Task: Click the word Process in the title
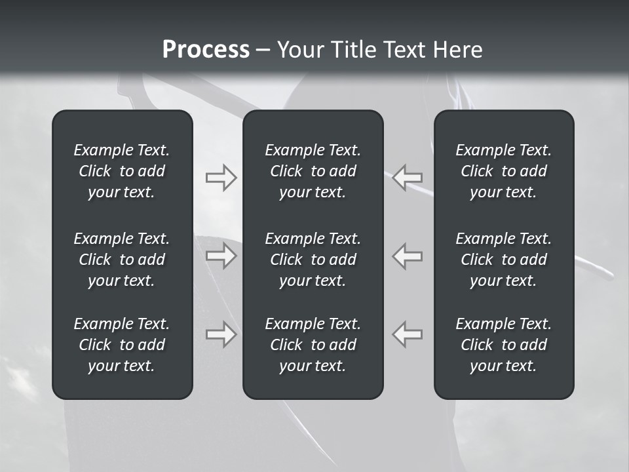(x=206, y=50)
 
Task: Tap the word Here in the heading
(x=457, y=50)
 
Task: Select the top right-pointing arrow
(x=221, y=178)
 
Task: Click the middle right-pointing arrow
(x=221, y=256)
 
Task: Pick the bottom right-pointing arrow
(x=221, y=334)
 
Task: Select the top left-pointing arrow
(x=408, y=178)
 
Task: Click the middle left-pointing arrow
(x=408, y=256)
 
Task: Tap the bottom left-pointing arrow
(x=408, y=334)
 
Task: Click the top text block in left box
(x=122, y=171)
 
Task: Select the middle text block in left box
(x=122, y=260)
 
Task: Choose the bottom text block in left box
(x=122, y=345)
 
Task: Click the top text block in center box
(x=313, y=171)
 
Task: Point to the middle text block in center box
(x=313, y=260)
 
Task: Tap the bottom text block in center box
(x=313, y=345)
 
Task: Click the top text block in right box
(x=503, y=171)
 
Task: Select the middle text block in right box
(x=503, y=260)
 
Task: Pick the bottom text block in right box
(x=503, y=345)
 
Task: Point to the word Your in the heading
(x=300, y=50)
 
